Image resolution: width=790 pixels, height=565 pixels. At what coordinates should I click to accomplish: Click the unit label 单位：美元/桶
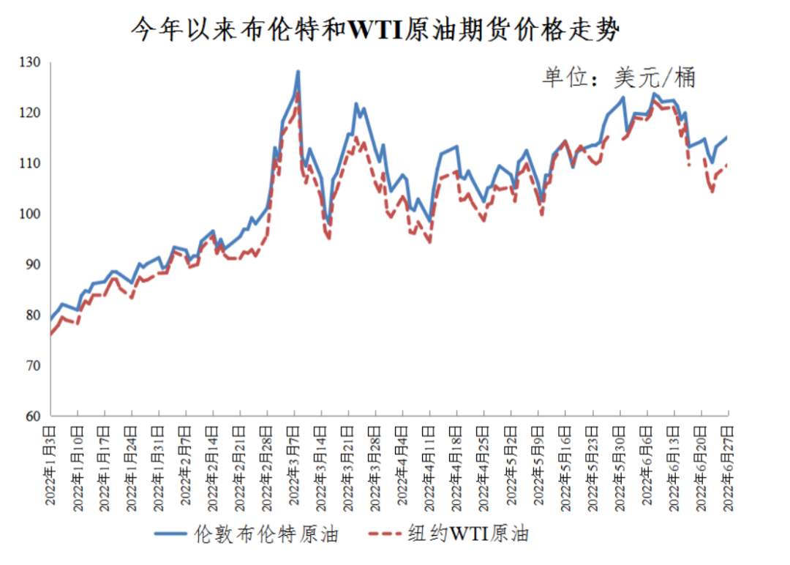[618, 77]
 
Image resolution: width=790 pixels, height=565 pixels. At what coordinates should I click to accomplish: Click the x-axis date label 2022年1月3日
[50, 465]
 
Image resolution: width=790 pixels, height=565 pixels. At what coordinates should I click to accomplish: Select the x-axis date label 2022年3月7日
[295, 465]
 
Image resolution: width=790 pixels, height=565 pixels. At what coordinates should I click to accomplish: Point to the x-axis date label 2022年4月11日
[430, 465]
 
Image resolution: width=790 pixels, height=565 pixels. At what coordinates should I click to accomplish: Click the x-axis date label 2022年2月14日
[213, 465]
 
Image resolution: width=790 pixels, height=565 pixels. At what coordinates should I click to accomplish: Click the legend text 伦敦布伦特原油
[267, 534]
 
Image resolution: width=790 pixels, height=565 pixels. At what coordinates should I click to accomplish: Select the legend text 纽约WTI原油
[467, 534]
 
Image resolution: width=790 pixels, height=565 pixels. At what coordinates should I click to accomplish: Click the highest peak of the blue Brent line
[298, 72]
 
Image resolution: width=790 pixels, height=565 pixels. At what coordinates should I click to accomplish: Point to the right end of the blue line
[728, 136]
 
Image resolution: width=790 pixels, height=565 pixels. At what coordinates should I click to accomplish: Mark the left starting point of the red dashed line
[50, 334]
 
